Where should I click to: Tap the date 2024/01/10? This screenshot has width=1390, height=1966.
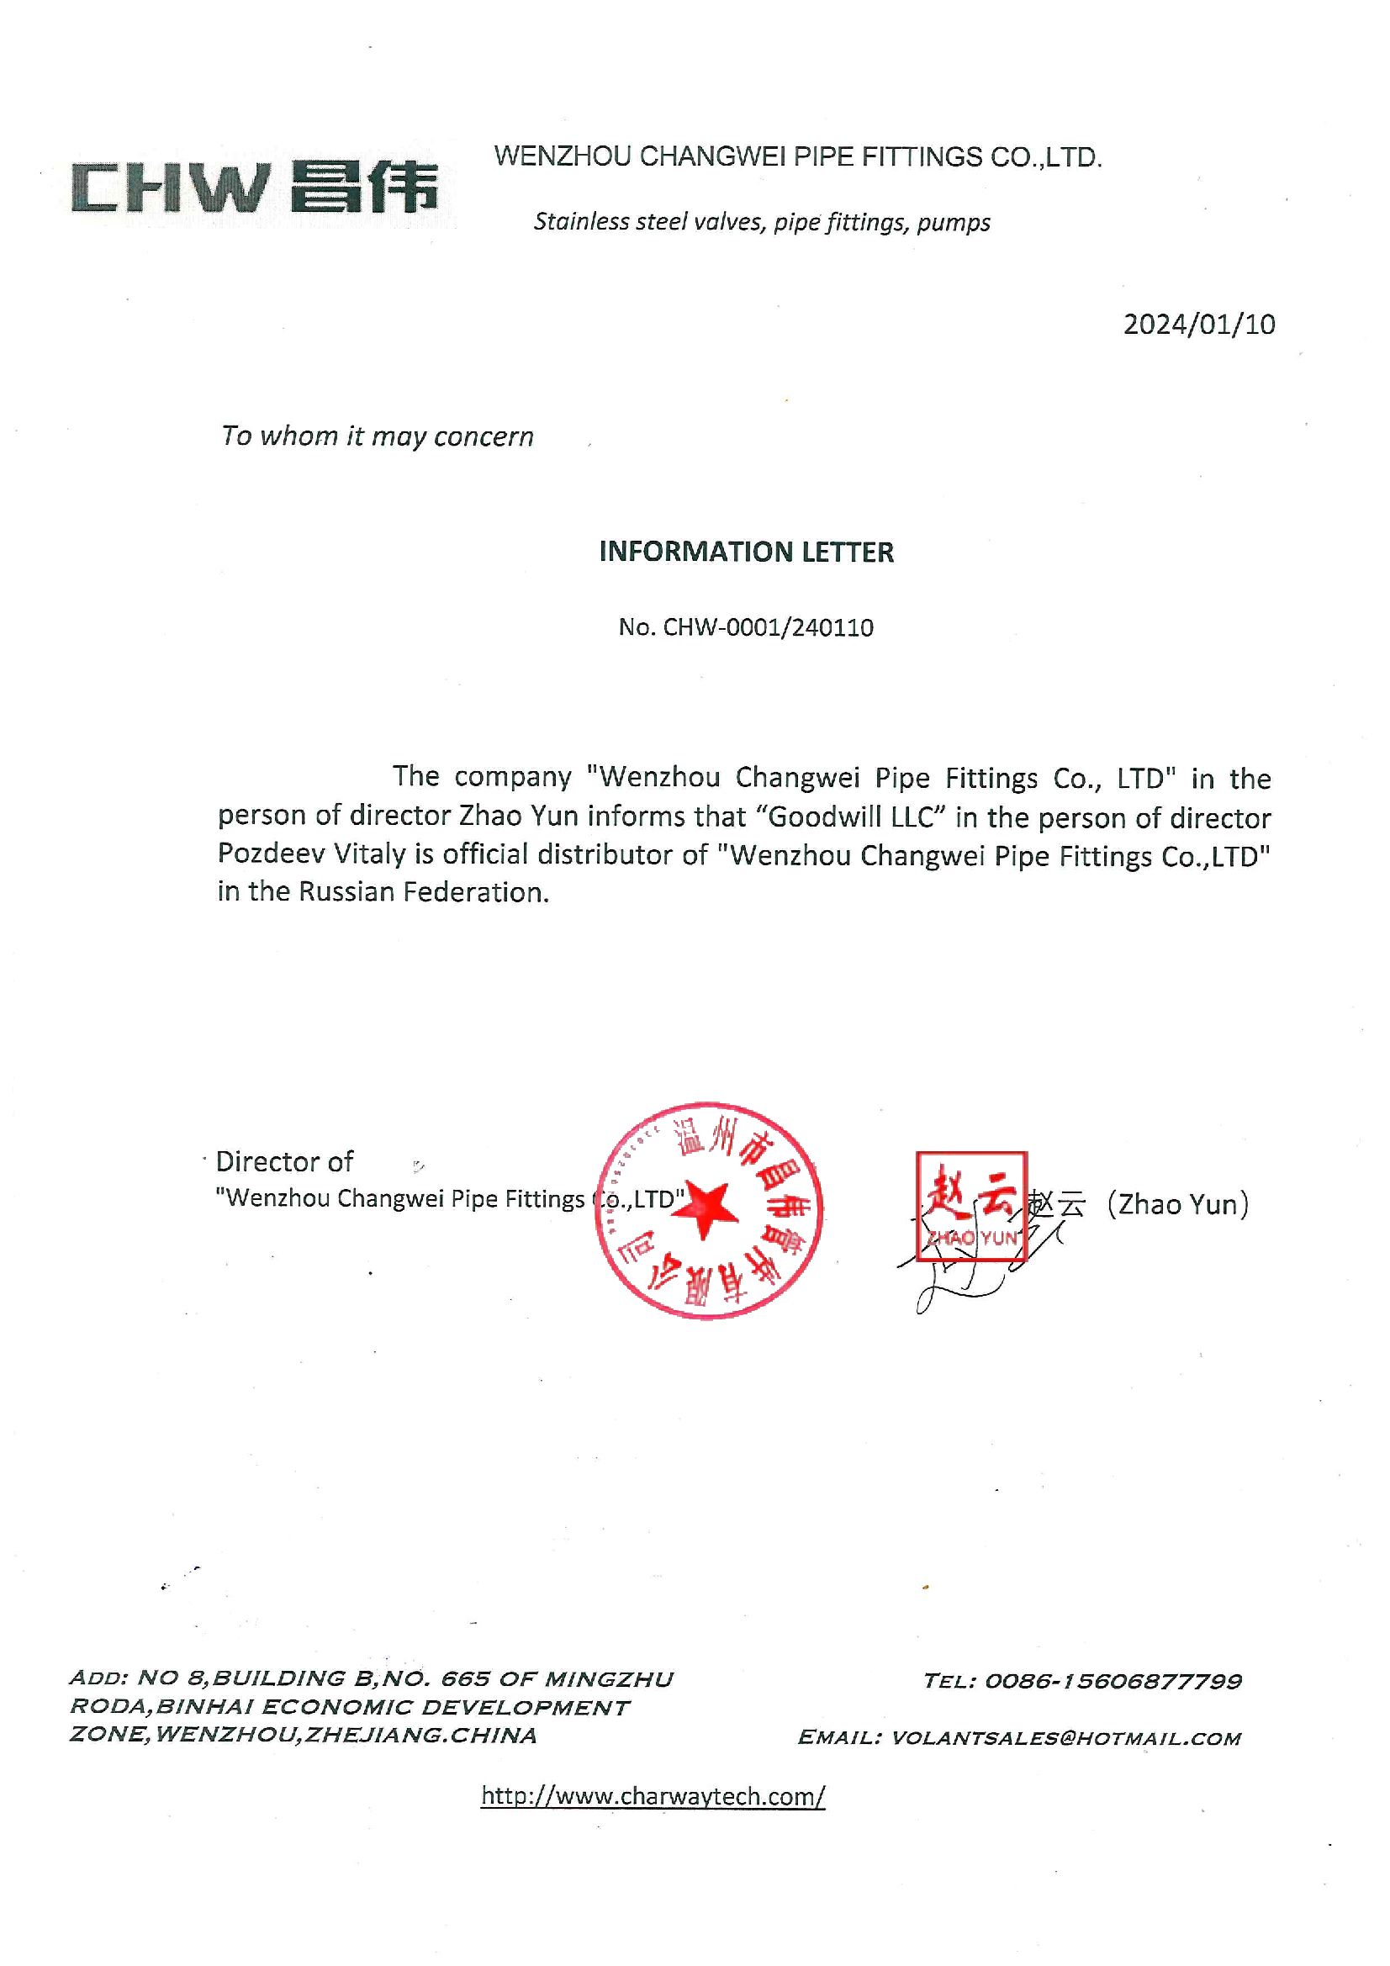point(1198,325)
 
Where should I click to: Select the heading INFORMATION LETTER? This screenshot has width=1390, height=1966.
point(745,552)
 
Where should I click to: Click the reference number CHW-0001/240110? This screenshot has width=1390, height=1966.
point(768,627)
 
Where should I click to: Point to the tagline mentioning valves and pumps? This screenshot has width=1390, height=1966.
point(761,222)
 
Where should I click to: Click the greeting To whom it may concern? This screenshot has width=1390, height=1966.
point(377,436)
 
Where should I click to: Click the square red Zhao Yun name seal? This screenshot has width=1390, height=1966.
point(970,1207)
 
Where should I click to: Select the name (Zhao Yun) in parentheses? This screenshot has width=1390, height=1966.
point(1177,1205)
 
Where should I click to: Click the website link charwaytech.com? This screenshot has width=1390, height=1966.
point(653,1796)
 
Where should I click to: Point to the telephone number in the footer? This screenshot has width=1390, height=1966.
point(1112,1682)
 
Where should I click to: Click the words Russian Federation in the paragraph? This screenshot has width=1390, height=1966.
point(421,892)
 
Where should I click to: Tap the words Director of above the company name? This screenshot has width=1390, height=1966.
point(284,1162)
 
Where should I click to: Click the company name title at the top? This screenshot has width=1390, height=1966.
point(797,157)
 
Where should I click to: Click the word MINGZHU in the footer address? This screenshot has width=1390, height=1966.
point(608,1679)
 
